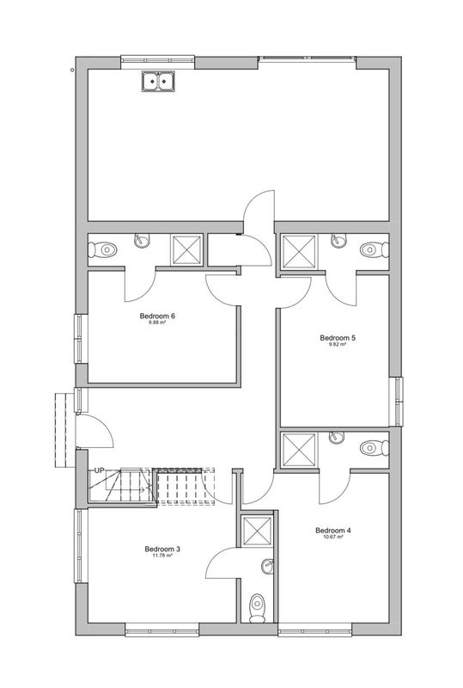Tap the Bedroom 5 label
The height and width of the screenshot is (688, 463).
(x=338, y=338)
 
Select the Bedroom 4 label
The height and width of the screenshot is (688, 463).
(x=333, y=531)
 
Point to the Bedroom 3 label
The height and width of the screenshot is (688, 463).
(x=162, y=549)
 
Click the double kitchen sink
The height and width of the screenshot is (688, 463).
(x=158, y=81)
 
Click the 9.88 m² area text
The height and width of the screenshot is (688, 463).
(x=157, y=322)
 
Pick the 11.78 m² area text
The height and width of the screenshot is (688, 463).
(x=162, y=556)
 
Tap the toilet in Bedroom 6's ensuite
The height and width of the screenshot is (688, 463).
(x=102, y=250)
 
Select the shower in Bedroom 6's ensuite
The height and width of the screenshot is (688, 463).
(x=186, y=250)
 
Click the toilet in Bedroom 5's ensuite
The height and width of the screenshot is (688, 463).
(x=375, y=249)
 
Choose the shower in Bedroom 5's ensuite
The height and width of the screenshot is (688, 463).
(x=300, y=251)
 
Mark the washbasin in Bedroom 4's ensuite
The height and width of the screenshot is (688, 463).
(x=337, y=437)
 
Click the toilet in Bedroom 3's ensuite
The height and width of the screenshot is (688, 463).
(x=258, y=608)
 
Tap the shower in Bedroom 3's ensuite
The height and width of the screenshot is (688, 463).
(x=258, y=531)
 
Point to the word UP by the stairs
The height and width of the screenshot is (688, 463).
(x=100, y=470)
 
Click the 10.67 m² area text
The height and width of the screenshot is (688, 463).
(x=333, y=537)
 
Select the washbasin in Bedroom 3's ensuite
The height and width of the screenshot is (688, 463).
(x=267, y=566)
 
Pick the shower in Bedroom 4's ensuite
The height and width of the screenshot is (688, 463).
(x=300, y=450)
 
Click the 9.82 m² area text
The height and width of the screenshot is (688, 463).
(x=338, y=345)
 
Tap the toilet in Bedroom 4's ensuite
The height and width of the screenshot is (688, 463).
(x=375, y=448)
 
